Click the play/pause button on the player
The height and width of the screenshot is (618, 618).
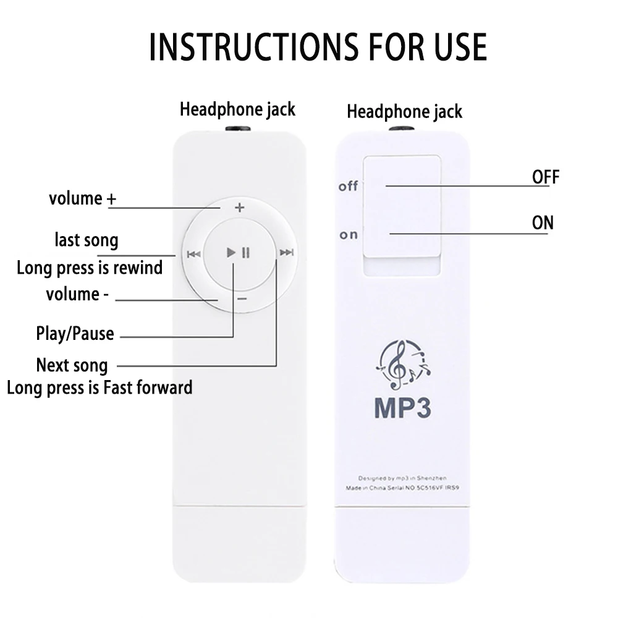click(x=238, y=253)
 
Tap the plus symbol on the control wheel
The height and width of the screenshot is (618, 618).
click(x=240, y=208)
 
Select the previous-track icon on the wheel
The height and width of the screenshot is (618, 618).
click(x=193, y=253)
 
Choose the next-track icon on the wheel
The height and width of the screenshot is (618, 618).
click(x=286, y=252)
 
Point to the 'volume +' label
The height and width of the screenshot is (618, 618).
click(x=82, y=199)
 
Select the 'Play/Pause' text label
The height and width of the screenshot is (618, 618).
click(x=75, y=334)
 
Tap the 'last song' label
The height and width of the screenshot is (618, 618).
click(x=87, y=240)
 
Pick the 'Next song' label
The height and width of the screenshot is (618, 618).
click(x=72, y=365)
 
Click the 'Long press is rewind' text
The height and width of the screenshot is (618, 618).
click(x=90, y=268)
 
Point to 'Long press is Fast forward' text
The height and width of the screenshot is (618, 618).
click(x=99, y=387)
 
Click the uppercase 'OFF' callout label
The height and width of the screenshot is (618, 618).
click(x=546, y=177)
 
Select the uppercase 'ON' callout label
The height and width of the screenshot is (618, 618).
click(x=543, y=222)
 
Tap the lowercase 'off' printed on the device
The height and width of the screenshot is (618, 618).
click(x=348, y=186)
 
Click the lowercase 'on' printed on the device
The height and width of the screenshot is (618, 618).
click(x=349, y=235)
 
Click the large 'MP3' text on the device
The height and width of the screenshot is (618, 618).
click(x=402, y=408)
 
